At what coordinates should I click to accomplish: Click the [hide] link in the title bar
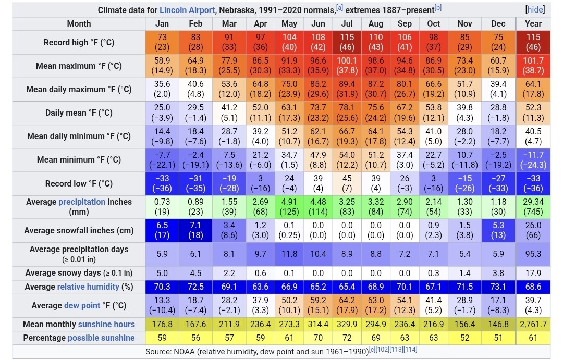pos(535,9)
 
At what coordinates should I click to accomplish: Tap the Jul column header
pos(347,23)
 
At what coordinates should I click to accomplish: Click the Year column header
pos(533,23)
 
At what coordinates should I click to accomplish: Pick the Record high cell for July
pos(347,42)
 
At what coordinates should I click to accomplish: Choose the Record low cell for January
pos(162,183)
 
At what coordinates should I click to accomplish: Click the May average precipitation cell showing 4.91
pos(289,207)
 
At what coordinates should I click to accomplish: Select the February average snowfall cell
pos(195,230)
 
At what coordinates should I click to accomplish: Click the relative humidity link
pos(88,287)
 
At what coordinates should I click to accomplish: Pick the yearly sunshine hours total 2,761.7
pos(533,324)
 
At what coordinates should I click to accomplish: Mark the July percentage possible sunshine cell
pos(347,338)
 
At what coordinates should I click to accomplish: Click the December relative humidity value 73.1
pos(498,287)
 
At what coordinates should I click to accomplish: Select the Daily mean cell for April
pos(260,113)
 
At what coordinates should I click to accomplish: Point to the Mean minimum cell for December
pos(498,159)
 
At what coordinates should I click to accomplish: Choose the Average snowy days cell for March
pos(229,272)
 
